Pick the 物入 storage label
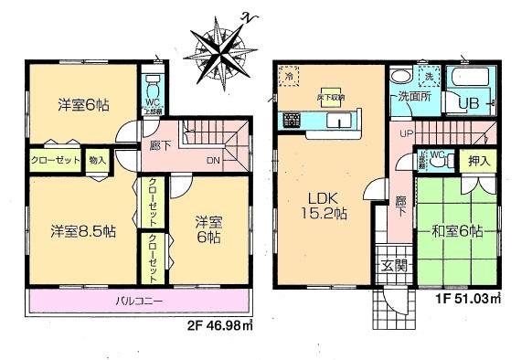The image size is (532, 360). (98, 160)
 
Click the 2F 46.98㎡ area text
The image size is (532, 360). (218, 324)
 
